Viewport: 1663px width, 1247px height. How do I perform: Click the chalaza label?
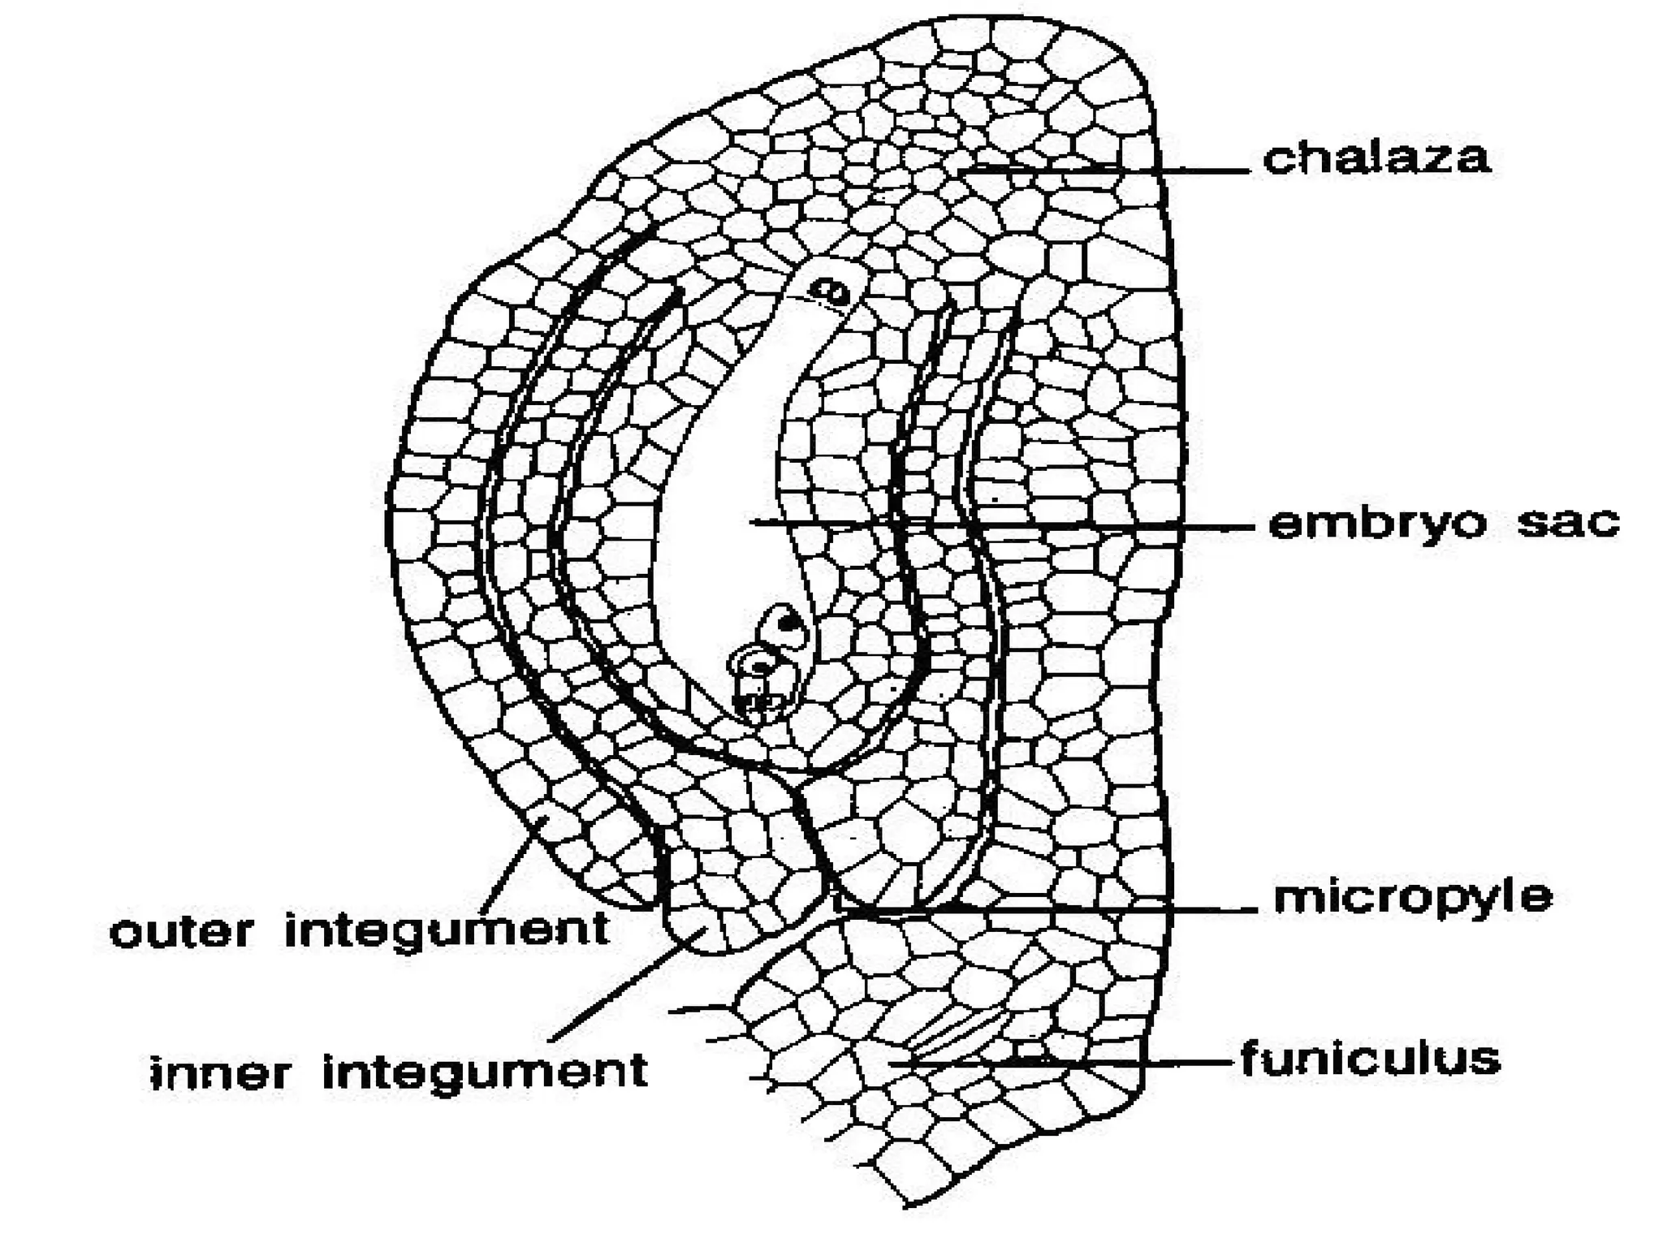tap(1376, 158)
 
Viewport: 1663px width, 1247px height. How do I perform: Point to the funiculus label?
tap(1371, 1059)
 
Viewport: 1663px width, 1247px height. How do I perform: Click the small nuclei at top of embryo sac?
tap(831, 290)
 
